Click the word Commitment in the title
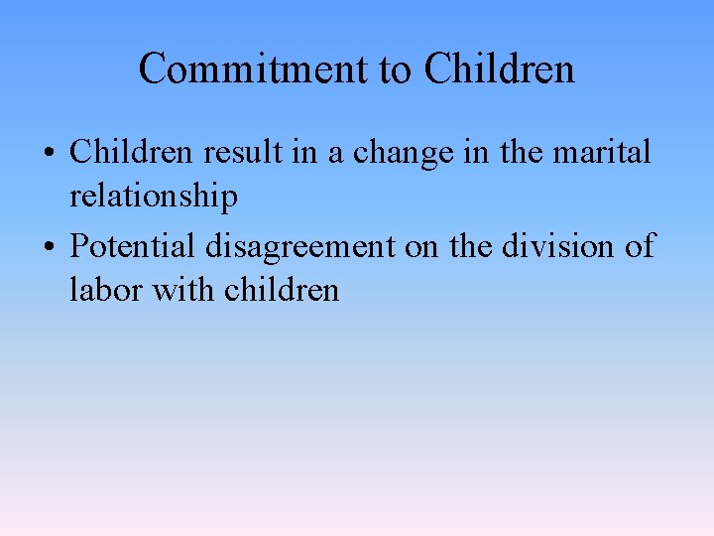pos(253,69)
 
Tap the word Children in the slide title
pos(499,69)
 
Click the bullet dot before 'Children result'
pos(49,155)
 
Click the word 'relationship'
pos(154,197)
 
